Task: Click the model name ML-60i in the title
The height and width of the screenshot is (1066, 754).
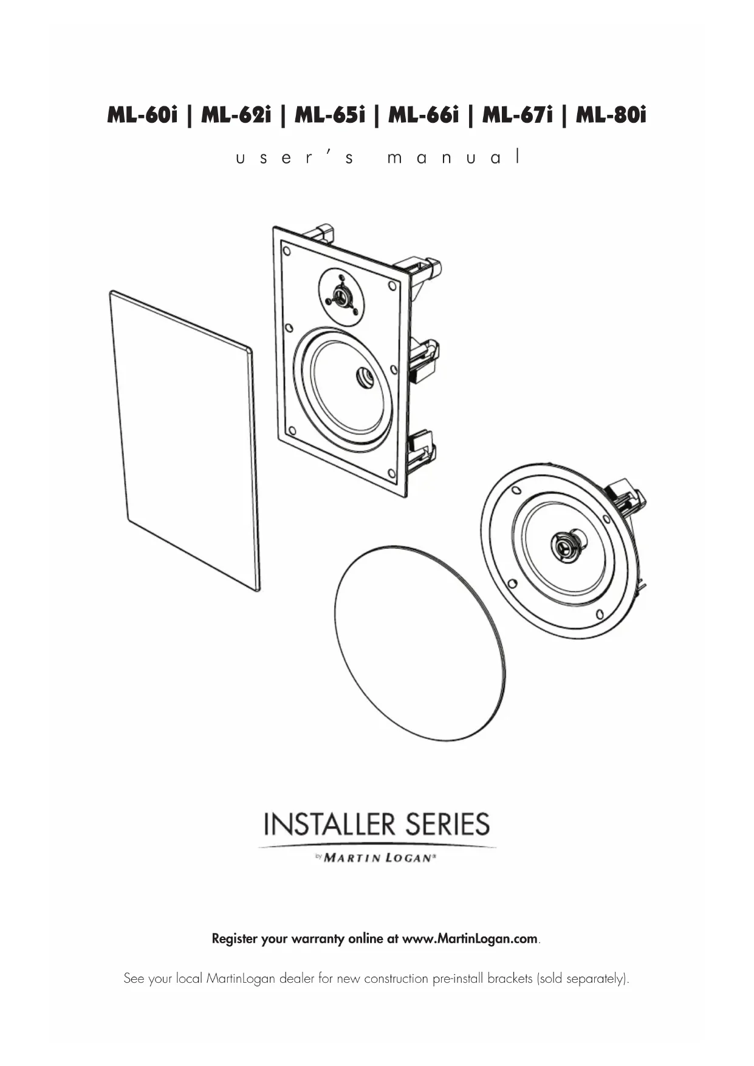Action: (x=142, y=115)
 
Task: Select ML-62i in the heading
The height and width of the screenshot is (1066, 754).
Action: (x=236, y=115)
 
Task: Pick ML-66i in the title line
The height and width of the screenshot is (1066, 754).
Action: (x=423, y=115)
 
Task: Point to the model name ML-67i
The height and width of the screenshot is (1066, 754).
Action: (x=518, y=115)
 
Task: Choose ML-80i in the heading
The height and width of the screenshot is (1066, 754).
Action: (x=611, y=115)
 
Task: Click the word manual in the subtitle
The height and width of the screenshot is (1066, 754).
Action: (x=454, y=158)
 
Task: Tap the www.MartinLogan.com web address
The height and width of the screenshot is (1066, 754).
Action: (x=470, y=938)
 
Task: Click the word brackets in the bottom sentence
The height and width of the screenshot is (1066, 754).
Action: (x=510, y=979)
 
